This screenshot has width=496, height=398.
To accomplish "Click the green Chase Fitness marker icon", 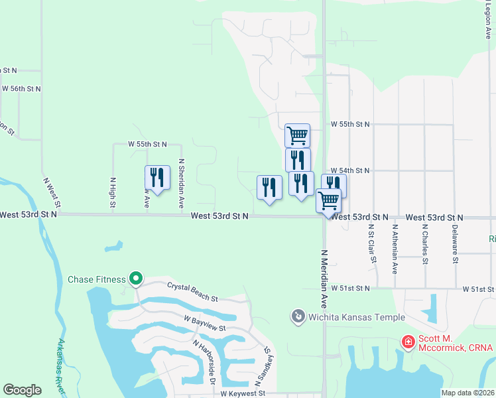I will coord(136,279).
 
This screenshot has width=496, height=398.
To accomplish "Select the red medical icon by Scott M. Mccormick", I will coord(408,342).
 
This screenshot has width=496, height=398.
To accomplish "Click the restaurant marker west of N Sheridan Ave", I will coord(157,178).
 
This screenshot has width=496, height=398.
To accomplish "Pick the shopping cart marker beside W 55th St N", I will coord(298,135).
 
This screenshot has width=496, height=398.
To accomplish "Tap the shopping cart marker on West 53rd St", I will coord(328,200).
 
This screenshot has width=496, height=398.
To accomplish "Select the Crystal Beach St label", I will coord(192,293).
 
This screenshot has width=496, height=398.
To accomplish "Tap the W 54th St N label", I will coord(349,170).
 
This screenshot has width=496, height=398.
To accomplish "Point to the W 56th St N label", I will coord(21,88).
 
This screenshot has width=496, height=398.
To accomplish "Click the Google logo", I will coord(22,390).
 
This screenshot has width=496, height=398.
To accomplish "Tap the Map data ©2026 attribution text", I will coord(467,393).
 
